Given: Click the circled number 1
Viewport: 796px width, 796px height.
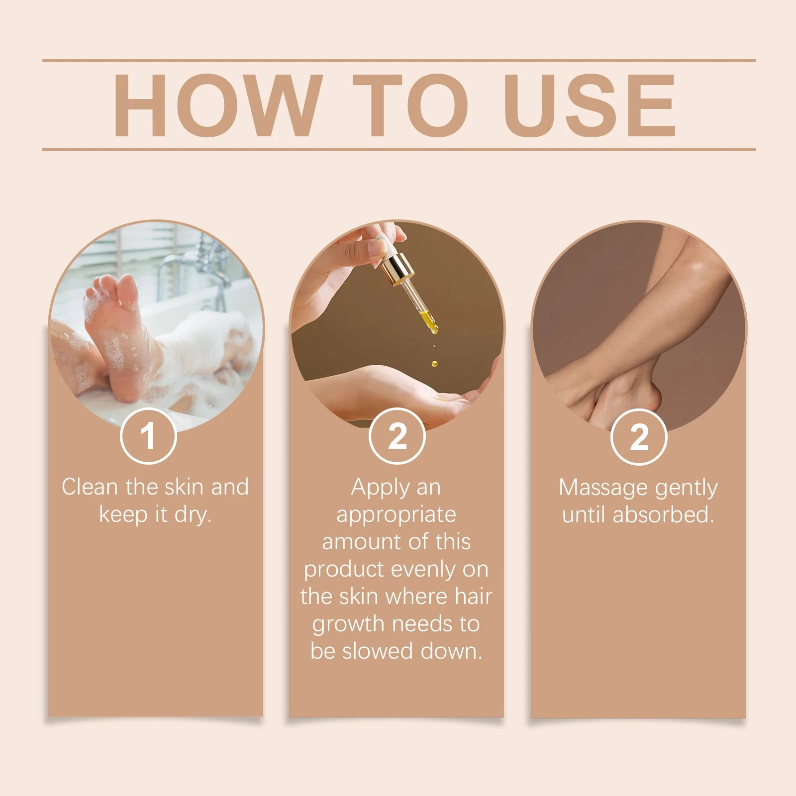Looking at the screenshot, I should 148,436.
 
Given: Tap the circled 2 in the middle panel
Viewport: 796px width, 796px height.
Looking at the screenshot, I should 397,436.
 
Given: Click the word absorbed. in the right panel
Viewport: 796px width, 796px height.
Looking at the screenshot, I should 663,514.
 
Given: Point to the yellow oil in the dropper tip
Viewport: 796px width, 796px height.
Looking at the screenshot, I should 429,321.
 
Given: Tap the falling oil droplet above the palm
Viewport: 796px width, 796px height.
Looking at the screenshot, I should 434,364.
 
